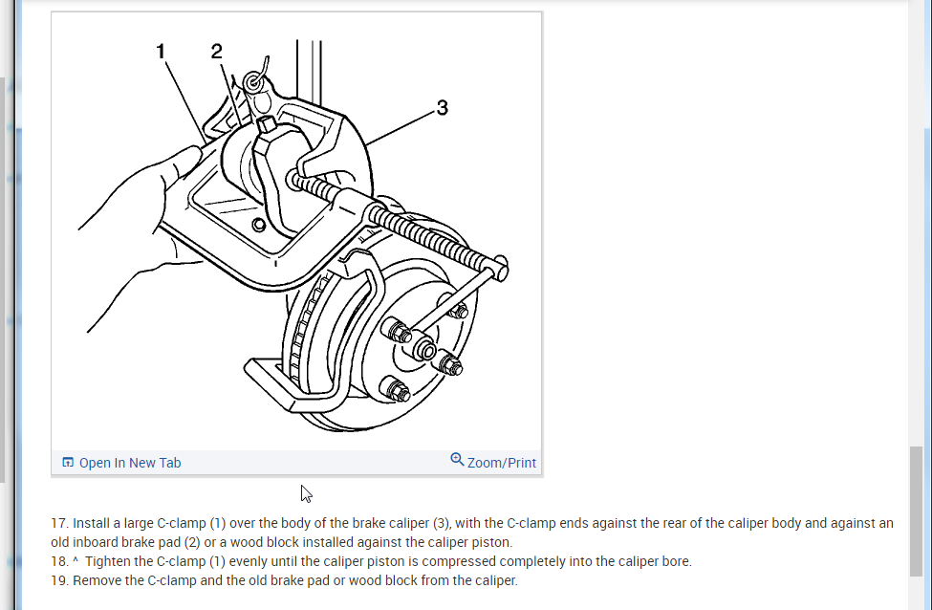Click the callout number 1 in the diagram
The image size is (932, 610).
tap(162, 53)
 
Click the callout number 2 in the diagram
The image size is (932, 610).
tap(216, 52)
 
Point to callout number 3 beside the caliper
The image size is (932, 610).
tap(441, 108)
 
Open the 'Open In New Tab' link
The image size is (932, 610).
tap(129, 463)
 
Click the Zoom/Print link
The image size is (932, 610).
tap(501, 463)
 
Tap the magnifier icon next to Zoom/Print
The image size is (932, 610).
tap(457, 460)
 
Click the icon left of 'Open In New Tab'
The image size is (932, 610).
tap(68, 463)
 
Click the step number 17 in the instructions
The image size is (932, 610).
tap(59, 523)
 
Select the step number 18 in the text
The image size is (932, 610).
tap(59, 561)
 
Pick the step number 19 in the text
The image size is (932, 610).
tap(59, 580)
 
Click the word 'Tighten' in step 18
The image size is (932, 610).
tap(108, 561)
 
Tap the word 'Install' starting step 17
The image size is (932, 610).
tap(93, 523)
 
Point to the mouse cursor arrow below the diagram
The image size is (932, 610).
tap(306, 493)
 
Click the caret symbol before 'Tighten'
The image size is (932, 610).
tap(76, 560)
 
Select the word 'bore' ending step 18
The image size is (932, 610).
tap(675, 561)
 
